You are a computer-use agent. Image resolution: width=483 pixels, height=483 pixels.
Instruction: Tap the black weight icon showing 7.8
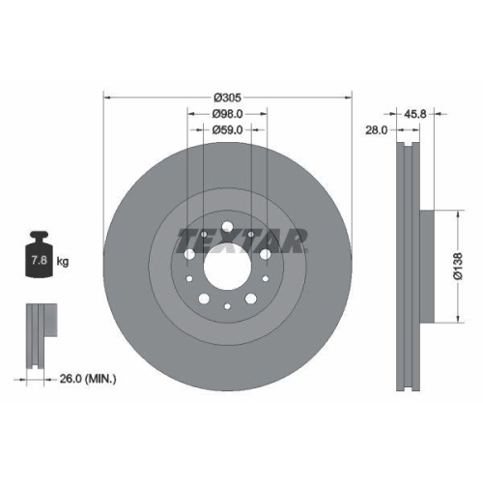point(40,256)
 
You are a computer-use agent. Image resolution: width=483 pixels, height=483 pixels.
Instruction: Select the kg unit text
point(64,262)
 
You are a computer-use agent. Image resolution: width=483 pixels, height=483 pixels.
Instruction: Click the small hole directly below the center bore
point(227,307)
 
